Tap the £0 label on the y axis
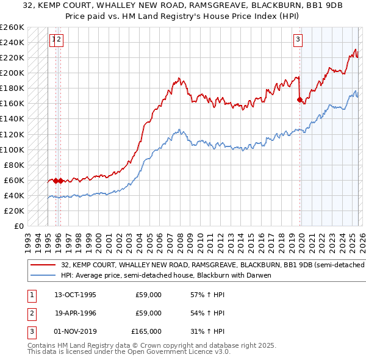point(18,226)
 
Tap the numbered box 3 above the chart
point(298,40)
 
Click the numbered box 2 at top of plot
point(60,40)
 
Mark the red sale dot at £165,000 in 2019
point(300,99)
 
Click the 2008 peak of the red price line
point(179,78)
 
